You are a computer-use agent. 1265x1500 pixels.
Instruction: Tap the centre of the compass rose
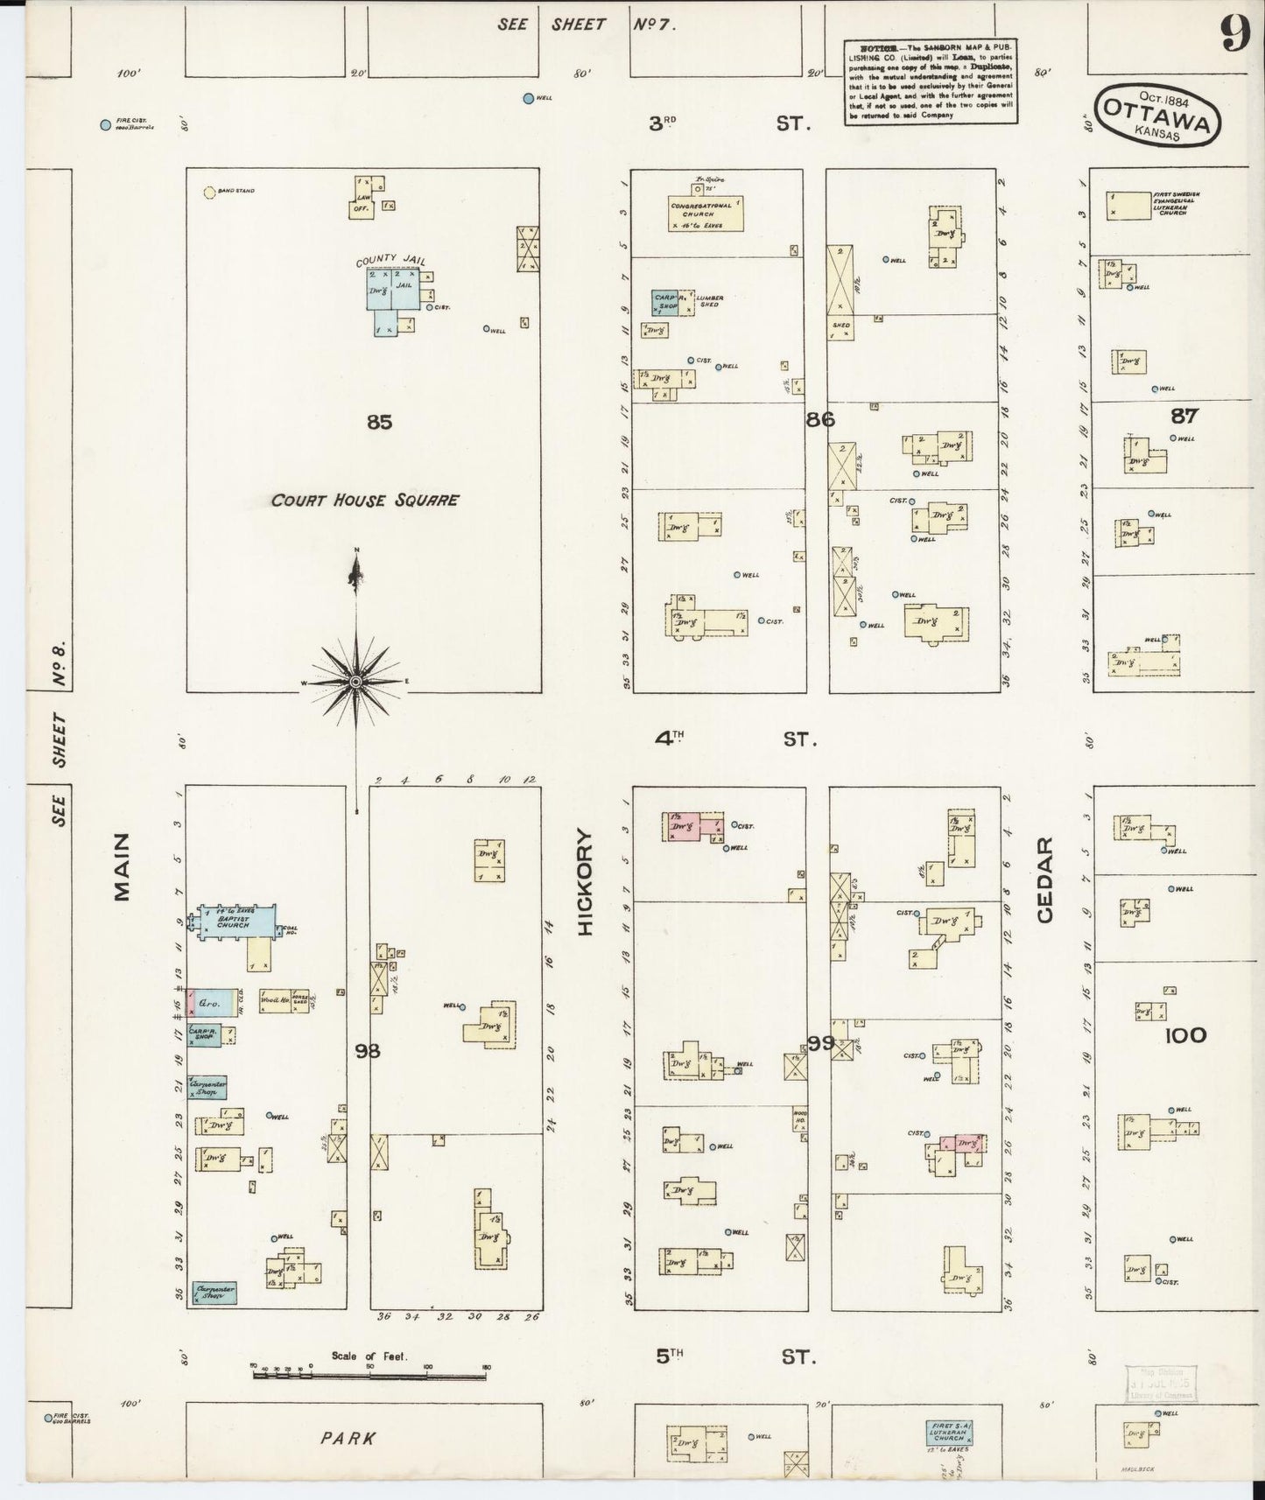tap(356, 681)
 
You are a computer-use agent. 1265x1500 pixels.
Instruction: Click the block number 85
tap(379, 423)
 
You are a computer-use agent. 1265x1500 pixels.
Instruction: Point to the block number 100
tap(1185, 1036)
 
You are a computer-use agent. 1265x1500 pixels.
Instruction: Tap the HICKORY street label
tap(586, 882)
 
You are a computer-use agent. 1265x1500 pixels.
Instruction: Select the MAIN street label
tap(120, 866)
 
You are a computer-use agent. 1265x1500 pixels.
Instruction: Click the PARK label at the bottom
tap(348, 1438)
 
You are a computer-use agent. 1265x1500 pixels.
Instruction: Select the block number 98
tap(368, 1050)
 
